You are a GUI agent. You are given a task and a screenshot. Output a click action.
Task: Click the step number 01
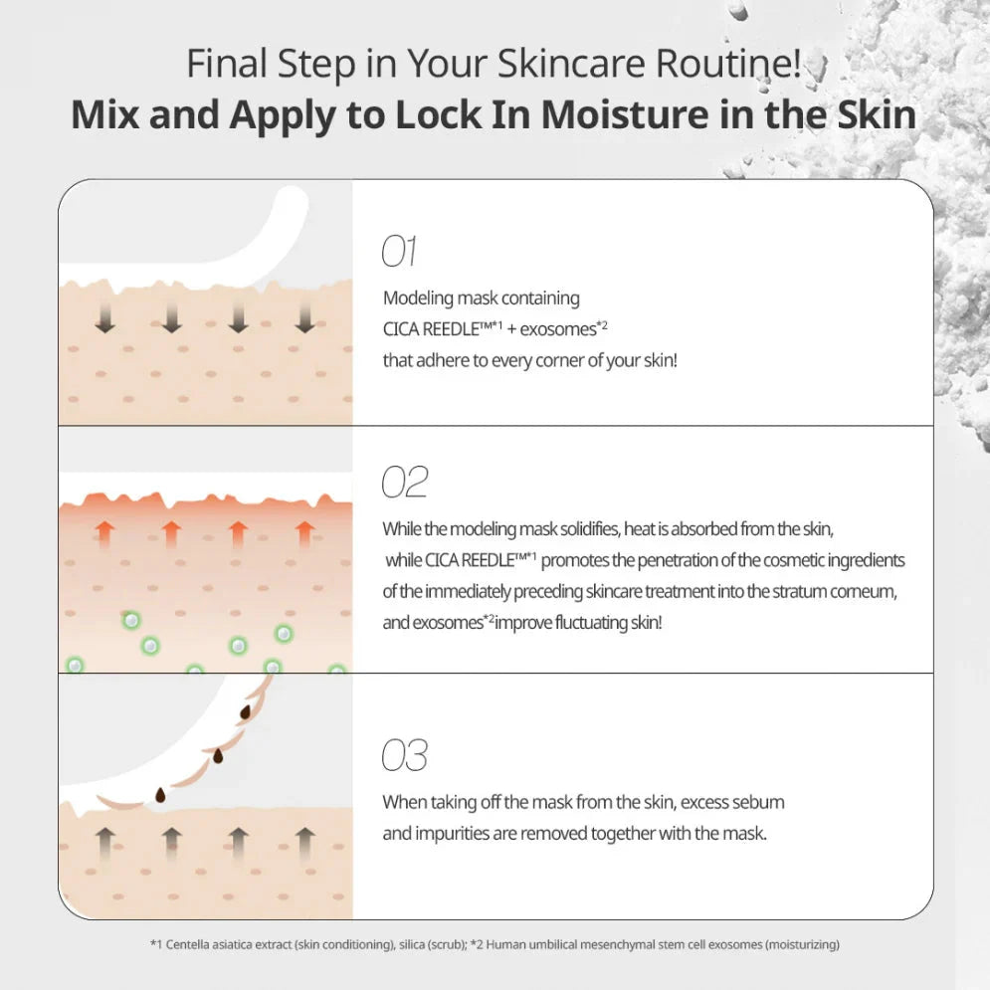tap(399, 253)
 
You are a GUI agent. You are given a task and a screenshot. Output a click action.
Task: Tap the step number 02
tap(404, 483)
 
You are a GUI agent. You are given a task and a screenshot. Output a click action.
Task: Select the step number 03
tap(404, 756)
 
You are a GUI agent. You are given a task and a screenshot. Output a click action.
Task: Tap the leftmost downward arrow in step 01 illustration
tap(103, 317)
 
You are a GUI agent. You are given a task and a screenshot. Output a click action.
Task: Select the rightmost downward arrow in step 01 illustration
tap(304, 317)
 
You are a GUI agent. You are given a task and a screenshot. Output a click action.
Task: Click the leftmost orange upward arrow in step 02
tap(103, 534)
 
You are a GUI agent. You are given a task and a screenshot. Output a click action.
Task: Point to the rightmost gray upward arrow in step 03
tap(304, 841)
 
